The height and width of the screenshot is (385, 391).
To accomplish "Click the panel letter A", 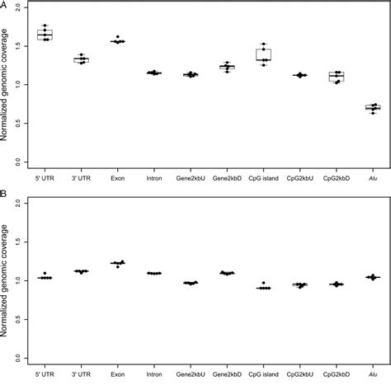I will coord(5,5).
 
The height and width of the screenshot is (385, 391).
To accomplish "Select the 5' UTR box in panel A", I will coord(45,35).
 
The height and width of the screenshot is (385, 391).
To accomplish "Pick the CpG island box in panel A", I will coord(264,54).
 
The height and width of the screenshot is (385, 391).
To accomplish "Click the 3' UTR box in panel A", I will coord(81,59).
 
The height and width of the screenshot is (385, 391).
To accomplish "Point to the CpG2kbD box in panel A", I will coord(337,77).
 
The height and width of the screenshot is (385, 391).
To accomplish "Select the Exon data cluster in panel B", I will coord(118,263).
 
